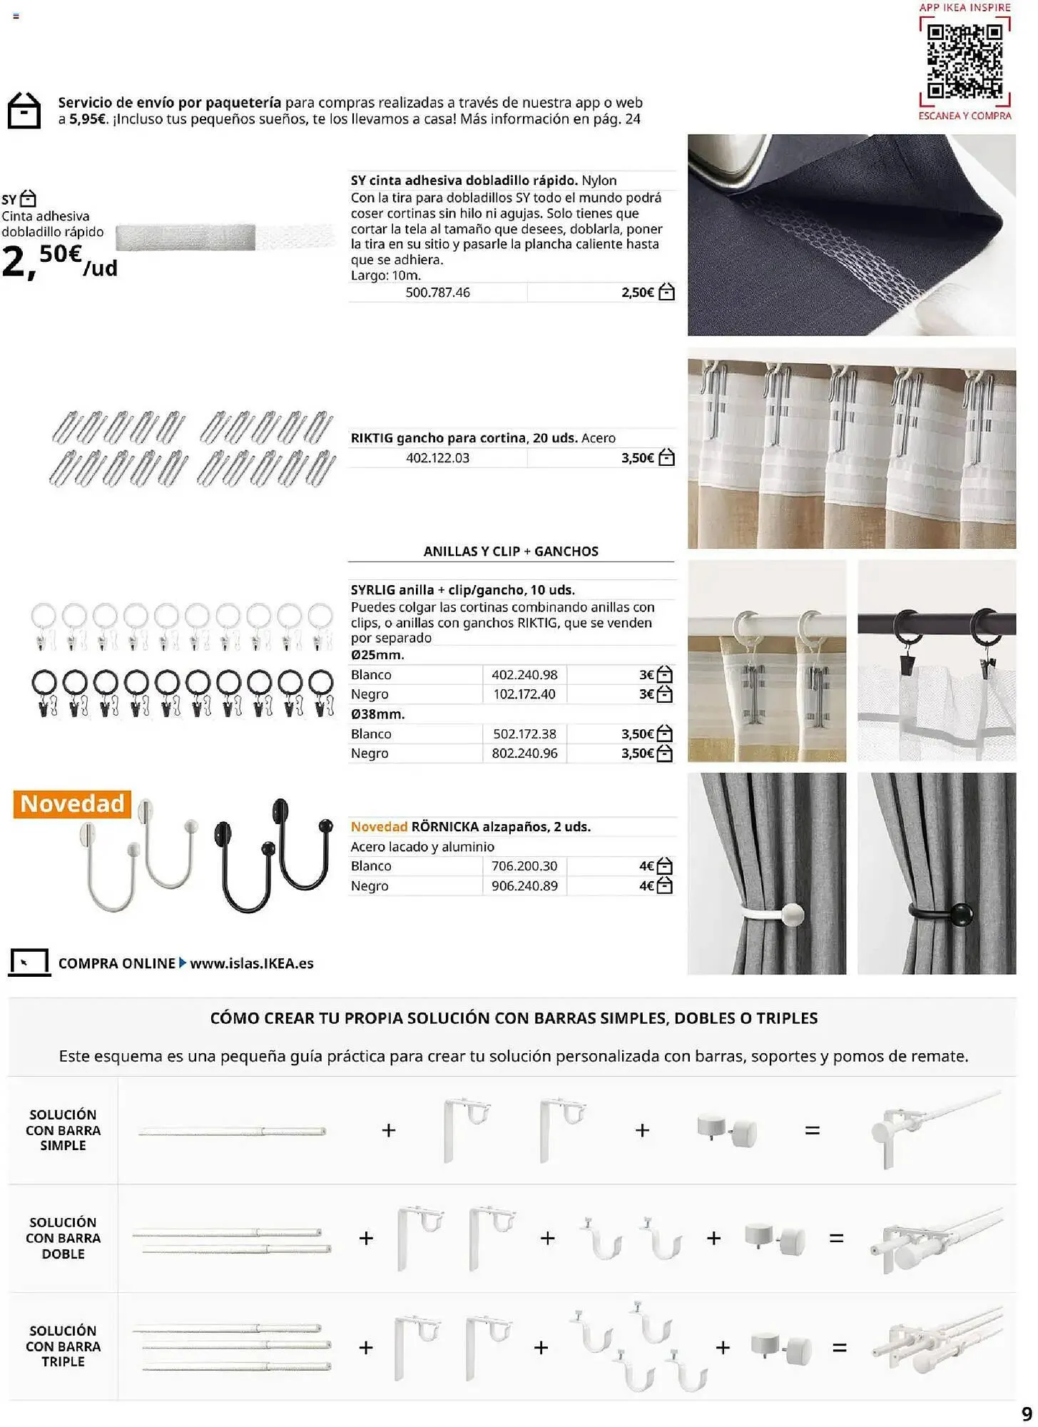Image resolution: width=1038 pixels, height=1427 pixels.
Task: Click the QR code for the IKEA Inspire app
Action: click(x=965, y=61)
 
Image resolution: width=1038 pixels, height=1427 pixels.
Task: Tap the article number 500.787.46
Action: click(x=437, y=293)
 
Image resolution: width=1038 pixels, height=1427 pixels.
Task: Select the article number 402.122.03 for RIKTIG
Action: click(x=437, y=458)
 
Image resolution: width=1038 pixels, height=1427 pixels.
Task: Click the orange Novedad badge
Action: click(x=72, y=804)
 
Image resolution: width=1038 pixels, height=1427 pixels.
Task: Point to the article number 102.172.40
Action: click(x=524, y=694)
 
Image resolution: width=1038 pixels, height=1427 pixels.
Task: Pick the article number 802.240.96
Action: click(x=524, y=753)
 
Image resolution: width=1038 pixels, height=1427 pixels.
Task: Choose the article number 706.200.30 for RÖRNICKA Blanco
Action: click(x=524, y=866)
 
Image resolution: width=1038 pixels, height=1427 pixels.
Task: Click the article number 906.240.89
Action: click(x=524, y=886)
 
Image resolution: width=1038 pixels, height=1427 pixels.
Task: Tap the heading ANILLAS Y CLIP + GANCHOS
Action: click(x=511, y=552)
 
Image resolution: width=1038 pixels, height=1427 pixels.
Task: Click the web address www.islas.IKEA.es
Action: click(x=252, y=963)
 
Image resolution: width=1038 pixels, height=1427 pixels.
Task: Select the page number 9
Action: click(x=1027, y=1414)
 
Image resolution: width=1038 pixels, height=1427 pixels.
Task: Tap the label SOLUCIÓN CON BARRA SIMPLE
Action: click(x=63, y=1130)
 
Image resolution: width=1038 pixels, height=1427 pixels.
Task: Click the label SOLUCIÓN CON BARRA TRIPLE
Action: click(x=63, y=1346)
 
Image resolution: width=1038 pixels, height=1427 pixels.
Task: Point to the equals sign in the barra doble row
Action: click(x=836, y=1238)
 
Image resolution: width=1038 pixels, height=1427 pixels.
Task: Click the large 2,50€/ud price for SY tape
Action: click(x=58, y=261)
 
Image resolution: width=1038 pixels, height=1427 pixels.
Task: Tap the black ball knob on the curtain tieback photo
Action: click(x=961, y=913)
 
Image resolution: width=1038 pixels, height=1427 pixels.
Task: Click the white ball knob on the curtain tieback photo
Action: click(x=793, y=914)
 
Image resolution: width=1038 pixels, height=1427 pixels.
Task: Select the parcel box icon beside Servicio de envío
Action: click(x=24, y=111)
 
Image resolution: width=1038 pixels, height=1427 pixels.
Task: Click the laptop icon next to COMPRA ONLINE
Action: click(x=29, y=963)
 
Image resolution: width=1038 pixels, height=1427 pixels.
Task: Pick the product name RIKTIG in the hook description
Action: click(x=371, y=438)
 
